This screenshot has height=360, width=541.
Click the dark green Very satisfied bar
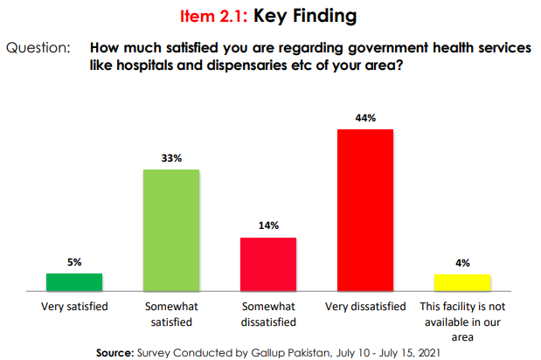coord(74,281)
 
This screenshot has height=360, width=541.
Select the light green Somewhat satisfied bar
coord(171,229)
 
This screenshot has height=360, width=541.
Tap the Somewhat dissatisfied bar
coord(268,263)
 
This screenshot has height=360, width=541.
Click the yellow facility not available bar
coord(462,281)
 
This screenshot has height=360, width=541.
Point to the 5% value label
coord(74,262)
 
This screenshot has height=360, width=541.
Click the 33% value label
coord(171,158)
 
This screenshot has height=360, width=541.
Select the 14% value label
coord(268,225)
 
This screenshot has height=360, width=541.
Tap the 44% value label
coord(365,118)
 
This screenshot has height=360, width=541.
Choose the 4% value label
coord(462,262)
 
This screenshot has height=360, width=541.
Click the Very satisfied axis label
coord(74,307)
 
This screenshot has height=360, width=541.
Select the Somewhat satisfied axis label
coord(171,314)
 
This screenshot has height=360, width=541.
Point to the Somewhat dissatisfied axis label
coord(268,314)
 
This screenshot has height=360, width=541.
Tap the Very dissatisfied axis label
coord(365,307)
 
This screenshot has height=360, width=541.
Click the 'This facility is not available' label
coord(462,321)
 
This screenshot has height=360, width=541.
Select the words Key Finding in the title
coord(302,16)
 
